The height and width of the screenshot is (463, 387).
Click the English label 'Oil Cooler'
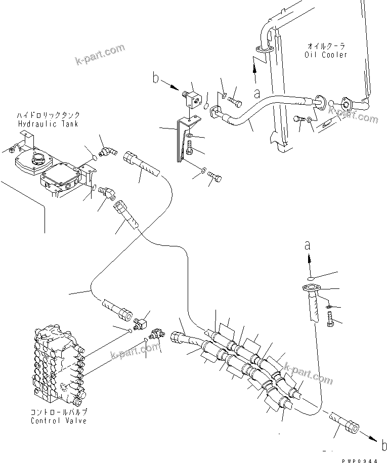pos(326,55)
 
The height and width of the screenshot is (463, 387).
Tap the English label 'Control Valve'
pos(58,420)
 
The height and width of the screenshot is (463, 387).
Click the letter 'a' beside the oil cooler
pos(257,94)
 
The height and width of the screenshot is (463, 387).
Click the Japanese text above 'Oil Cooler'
pos(326,47)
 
